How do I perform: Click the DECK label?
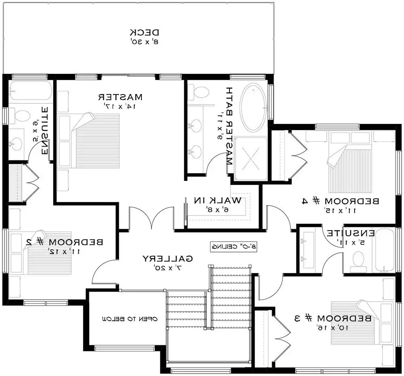click(145, 32)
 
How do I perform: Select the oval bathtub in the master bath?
click(253, 107)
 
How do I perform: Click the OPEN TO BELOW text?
click(129, 319)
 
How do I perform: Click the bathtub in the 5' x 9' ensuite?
click(30, 91)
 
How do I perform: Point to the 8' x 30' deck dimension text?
click(145, 41)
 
